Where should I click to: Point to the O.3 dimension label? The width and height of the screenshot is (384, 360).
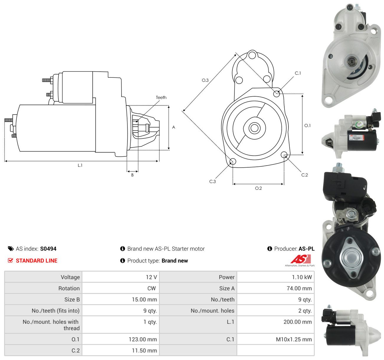(x=205, y=80)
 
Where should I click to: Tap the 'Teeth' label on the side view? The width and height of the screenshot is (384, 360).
(x=161, y=98)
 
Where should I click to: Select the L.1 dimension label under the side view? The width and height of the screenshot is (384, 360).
(x=80, y=165)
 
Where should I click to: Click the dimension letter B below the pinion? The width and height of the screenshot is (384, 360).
(x=132, y=175)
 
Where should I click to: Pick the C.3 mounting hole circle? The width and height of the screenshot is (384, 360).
(x=233, y=161)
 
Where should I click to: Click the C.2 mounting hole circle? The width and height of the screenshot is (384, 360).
(x=284, y=154)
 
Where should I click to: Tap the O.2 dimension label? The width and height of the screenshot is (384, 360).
(x=258, y=188)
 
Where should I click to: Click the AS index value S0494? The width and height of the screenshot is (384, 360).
(x=48, y=249)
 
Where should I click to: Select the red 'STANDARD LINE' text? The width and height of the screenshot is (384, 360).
(x=37, y=261)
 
